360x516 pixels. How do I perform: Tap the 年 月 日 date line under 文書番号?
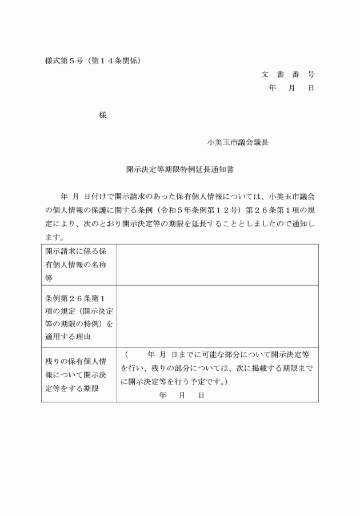[x=291, y=88]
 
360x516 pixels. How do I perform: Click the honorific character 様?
[x=103, y=115]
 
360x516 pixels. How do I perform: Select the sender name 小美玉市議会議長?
[x=238, y=142]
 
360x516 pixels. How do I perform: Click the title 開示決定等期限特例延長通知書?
[x=180, y=170]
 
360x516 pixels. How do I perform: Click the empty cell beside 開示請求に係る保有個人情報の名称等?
[x=217, y=265]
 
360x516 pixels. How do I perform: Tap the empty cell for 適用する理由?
[x=217, y=316]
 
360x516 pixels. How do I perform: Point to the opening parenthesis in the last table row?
[x=126, y=354]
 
